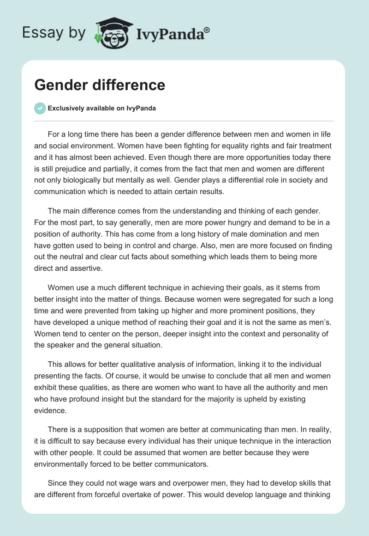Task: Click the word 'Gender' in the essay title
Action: pos(59,85)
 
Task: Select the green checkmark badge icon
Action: pos(40,108)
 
